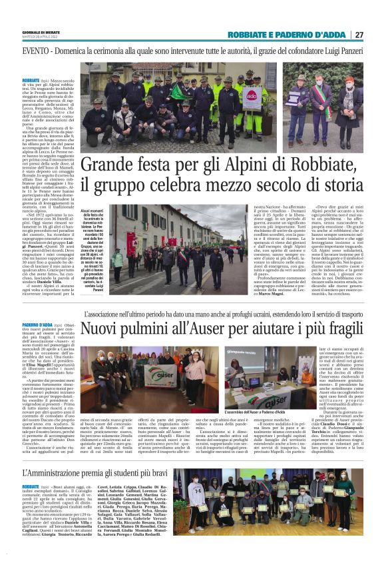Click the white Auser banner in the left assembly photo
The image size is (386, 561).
click(159, 374)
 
